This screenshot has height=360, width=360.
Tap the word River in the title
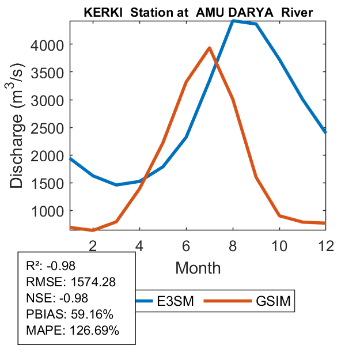297,12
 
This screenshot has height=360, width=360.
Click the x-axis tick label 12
325,245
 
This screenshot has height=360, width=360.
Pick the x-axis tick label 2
93,245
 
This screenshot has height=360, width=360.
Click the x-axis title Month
198,267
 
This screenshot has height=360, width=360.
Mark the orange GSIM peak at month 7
210,48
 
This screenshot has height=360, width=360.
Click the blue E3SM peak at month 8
233,21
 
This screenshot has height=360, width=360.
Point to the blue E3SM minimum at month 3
116,185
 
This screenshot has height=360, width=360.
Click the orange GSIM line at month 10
279,215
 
